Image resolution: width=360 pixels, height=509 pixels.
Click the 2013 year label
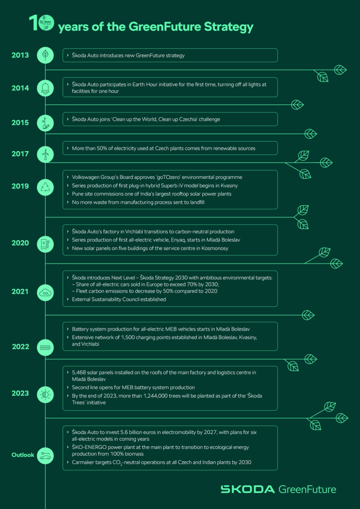[x=20, y=55]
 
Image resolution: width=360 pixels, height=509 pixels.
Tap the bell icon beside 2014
[x=45, y=87]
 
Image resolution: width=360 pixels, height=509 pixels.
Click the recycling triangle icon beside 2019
[x=45, y=187]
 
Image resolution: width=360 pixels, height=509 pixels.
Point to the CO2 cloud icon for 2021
[x=45, y=292]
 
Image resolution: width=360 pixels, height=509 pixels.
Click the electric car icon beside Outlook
[x=45, y=455]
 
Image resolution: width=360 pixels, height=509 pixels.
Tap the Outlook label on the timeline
[x=23, y=455]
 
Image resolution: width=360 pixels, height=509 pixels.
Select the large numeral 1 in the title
[x=33, y=23]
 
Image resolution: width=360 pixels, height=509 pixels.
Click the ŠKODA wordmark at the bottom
[x=247, y=489]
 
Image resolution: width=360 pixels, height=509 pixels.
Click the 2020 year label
[x=20, y=243]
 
